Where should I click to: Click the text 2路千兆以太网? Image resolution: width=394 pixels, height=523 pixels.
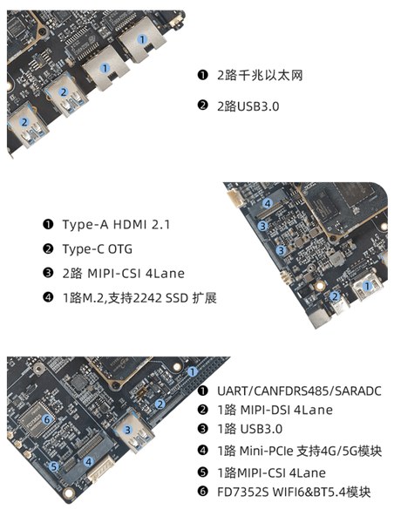260,75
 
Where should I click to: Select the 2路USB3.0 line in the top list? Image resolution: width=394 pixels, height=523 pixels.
248,106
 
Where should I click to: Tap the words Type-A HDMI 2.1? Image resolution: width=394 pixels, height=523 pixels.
116,225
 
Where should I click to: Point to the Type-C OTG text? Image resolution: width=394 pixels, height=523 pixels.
98,249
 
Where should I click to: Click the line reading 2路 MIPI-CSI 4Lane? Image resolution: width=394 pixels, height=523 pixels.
124,274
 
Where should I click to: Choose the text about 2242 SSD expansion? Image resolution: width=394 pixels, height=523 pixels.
139,298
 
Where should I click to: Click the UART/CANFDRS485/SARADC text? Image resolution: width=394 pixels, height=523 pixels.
299,391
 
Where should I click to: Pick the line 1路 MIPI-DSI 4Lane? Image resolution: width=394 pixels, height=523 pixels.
275,410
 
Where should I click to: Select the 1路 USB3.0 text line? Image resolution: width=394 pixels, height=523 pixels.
249,429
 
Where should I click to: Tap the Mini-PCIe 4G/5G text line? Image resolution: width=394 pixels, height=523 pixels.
299,451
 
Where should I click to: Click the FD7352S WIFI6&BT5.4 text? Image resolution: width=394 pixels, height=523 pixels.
294,492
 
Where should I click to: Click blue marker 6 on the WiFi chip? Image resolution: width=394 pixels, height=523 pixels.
47,419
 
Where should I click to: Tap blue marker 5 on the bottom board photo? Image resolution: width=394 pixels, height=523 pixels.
53,466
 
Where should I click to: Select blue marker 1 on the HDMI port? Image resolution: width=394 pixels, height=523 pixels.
367,286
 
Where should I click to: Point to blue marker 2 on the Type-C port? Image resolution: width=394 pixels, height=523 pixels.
335,296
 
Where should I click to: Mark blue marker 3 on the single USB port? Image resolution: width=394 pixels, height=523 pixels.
127,430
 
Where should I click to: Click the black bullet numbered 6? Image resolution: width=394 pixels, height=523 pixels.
202,492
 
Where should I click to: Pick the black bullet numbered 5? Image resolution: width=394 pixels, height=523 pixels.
202,472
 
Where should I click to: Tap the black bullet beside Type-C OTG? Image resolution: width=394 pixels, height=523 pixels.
48,248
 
